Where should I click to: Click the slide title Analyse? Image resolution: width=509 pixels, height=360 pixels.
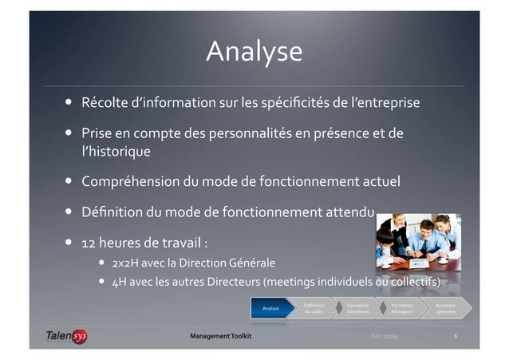254,52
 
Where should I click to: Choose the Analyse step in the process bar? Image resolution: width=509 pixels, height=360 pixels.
270,308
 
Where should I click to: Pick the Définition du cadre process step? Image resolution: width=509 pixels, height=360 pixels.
314,308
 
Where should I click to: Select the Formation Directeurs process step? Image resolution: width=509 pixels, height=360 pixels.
357,308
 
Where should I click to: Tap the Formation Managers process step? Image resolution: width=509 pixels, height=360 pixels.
402,308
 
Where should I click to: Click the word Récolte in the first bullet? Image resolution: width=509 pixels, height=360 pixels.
105,104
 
